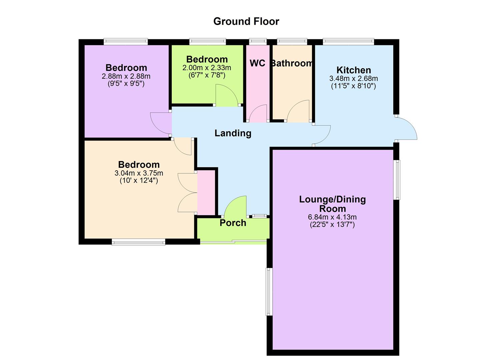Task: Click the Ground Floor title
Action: tap(246, 21)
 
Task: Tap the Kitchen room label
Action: tap(354, 70)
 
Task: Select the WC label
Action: tap(257, 63)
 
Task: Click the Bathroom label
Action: tap(292, 63)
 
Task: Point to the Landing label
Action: tap(233, 133)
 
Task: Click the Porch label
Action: tap(233, 223)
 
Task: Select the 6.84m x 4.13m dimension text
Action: tap(332, 217)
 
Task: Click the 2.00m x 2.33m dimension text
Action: tap(207, 68)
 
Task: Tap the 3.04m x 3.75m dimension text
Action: tap(139, 173)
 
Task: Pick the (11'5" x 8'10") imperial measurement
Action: tap(353, 86)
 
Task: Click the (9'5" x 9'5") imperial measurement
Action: tap(126, 83)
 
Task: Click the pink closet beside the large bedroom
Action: tap(206, 193)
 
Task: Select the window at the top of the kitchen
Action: tap(348, 42)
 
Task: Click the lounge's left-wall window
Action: tap(269, 291)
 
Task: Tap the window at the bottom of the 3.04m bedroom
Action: tap(138, 242)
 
